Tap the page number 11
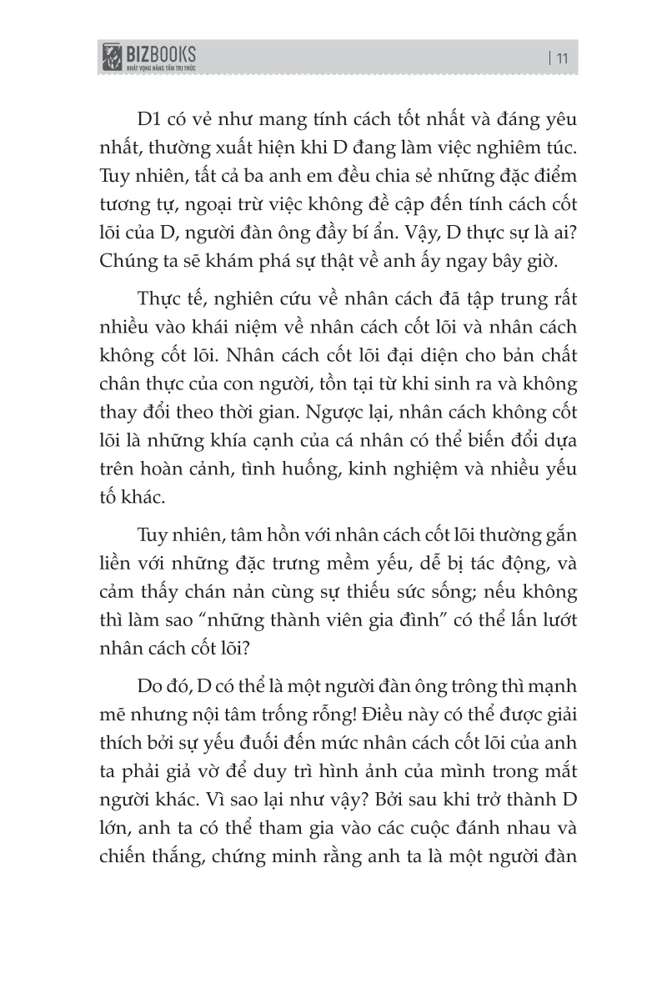561,58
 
